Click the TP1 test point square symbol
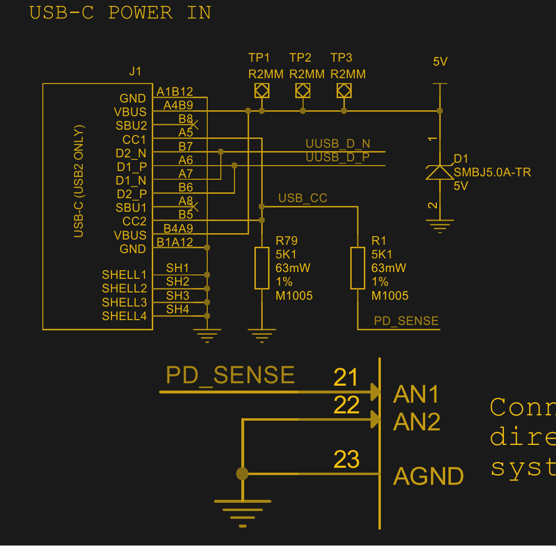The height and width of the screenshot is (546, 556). [x=262, y=90]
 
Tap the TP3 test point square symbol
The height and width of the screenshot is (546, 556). [x=344, y=90]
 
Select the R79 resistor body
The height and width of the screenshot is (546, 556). [x=262, y=268]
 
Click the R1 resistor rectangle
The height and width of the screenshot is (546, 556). [x=358, y=268]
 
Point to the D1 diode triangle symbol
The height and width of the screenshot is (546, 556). [x=440, y=172]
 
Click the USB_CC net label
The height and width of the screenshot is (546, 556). [x=303, y=198]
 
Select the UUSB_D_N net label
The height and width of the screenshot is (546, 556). [x=338, y=144]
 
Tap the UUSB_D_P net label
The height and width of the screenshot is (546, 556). [x=338, y=157]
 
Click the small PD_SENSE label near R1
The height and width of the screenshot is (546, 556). [x=406, y=321]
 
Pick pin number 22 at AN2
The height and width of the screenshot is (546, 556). [x=346, y=405]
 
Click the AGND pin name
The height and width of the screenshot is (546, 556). [x=429, y=477]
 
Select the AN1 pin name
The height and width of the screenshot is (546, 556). [x=416, y=394]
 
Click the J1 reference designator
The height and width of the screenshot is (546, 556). [x=135, y=71]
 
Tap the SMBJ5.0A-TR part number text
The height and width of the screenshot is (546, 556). [x=492, y=172]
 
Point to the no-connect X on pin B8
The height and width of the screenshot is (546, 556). [x=194, y=125]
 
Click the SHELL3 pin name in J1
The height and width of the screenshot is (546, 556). [x=124, y=302]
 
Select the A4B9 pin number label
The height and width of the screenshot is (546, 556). [x=178, y=105]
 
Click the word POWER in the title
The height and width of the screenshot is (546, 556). [x=140, y=13]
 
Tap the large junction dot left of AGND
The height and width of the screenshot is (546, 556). [x=242, y=473]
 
